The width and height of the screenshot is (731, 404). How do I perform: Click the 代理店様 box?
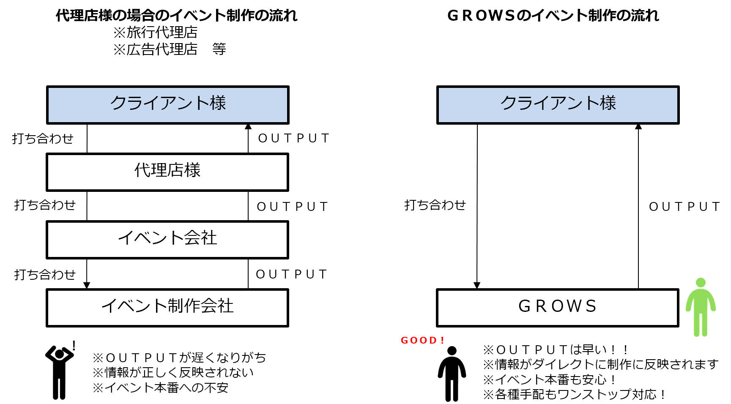167,172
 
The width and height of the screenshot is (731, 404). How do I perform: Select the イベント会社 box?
167,239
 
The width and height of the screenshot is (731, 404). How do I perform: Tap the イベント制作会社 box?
167,307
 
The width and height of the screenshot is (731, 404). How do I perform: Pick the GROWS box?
557,307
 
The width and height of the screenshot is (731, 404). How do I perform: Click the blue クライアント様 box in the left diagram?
167,104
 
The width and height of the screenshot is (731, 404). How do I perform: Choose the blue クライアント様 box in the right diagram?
558,104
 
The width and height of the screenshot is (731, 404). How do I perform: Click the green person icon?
701,307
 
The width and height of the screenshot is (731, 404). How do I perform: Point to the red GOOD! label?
422,340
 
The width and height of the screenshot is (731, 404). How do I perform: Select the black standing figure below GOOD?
452,374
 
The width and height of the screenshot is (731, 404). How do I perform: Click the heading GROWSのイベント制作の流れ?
553,16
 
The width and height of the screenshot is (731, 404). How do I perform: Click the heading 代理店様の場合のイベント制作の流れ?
176,16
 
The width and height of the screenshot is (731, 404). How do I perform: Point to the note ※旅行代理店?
155,32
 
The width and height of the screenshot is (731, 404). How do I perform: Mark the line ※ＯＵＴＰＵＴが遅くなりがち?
179,358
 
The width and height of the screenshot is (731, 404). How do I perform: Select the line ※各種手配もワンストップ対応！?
574,394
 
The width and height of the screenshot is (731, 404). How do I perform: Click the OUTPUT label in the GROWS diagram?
684,207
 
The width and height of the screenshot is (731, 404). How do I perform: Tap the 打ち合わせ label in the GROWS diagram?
435,205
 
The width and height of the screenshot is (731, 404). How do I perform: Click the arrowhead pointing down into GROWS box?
477,285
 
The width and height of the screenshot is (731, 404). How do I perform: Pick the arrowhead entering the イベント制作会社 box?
87,285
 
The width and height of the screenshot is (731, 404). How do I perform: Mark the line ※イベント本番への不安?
161,388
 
